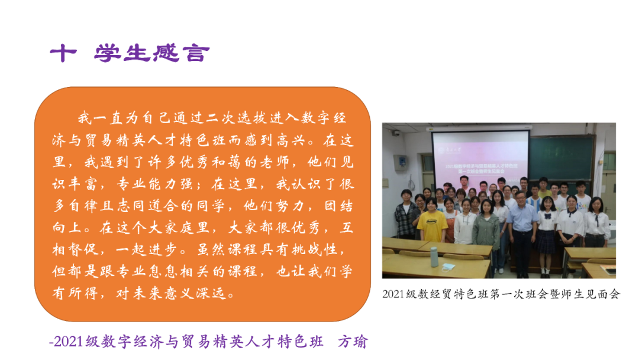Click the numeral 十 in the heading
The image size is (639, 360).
63,54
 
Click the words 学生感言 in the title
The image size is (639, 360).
151,54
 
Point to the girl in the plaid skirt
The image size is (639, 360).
546,231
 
